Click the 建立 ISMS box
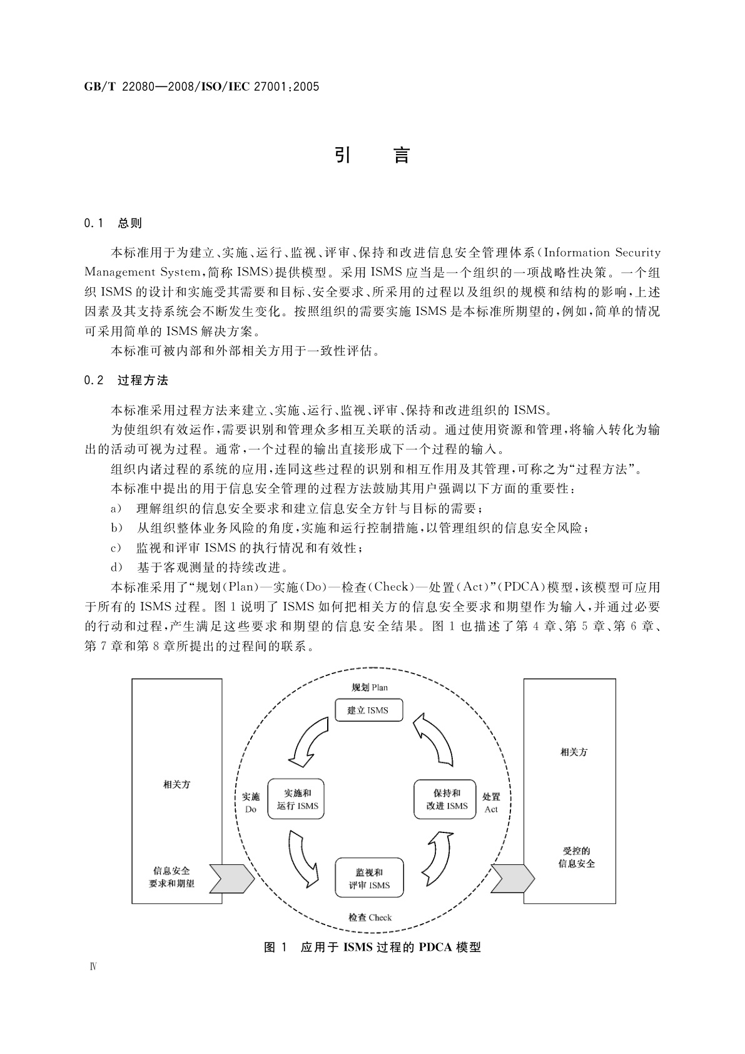[x=368, y=710]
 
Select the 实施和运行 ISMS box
[x=298, y=799]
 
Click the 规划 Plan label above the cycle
[x=369, y=687]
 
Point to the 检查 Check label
[x=370, y=918]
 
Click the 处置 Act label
[x=491, y=803]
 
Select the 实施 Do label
[x=250, y=803]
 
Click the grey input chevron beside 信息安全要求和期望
[x=231, y=878]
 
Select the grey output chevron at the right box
[x=512, y=878]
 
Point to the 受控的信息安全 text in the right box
[x=576, y=857]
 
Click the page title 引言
[x=372, y=155]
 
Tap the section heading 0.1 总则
[x=113, y=223]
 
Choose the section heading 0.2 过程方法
[x=126, y=380]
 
